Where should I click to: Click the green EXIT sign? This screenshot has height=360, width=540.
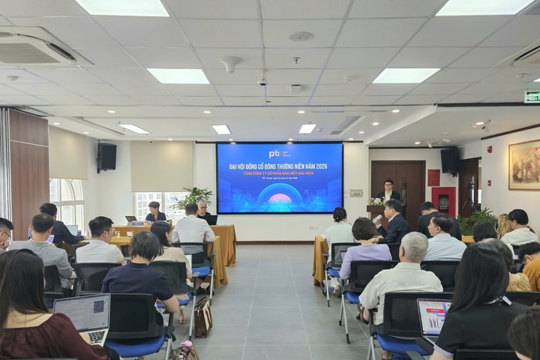532,96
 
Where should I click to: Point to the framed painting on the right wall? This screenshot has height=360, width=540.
524,164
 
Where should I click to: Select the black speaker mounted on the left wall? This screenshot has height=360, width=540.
107,157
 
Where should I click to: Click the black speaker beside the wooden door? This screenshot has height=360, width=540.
449,160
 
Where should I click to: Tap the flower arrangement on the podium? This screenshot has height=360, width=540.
376,202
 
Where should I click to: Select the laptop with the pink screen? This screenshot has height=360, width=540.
434,316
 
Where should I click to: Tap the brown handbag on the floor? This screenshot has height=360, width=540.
202,316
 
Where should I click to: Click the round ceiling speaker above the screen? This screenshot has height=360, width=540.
301,36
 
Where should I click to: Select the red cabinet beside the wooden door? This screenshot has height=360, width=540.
443,200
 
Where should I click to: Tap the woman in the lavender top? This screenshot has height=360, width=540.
364,250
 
